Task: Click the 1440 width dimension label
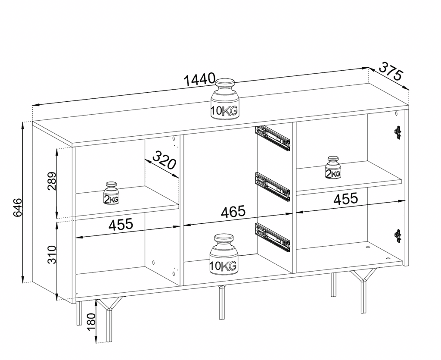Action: click(199, 79)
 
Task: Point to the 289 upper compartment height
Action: click(51, 183)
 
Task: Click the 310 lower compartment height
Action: click(51, 255)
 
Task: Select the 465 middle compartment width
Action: click(233, 212)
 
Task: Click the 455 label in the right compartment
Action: click(346, 198)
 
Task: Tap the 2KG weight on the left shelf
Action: click(112, 193)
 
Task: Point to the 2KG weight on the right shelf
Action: click(333, 167)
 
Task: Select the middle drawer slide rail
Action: click(273, 185)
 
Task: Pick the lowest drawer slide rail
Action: click(273, 236)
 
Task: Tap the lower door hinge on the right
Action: click(398, 235)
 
